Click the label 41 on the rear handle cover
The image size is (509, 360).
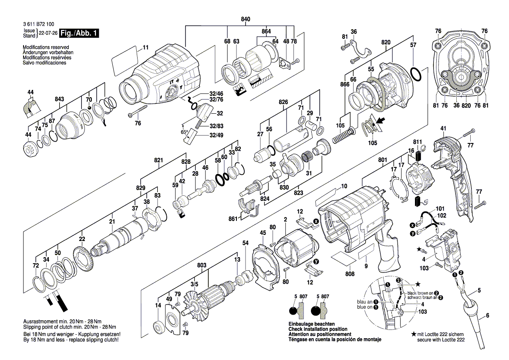(x=443, y=129)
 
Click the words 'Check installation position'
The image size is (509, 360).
(x=318, y=329)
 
